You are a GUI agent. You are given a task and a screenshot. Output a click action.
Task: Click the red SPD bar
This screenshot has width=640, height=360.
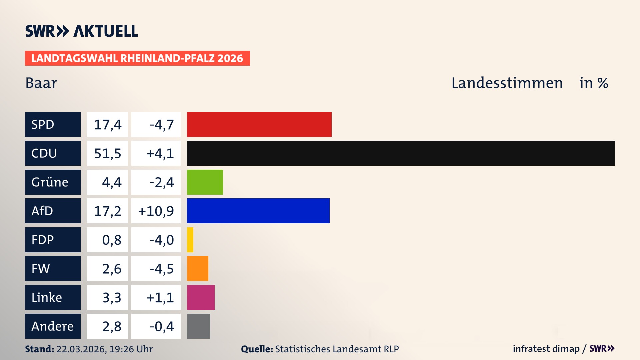click(259, 124)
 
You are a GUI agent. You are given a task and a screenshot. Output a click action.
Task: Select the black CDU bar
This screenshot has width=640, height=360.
click(401, 153)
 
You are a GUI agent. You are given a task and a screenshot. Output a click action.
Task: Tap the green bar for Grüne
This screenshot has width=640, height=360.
click(205, 182)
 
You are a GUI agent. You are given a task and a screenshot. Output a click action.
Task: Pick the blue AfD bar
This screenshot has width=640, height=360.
click(258, 211)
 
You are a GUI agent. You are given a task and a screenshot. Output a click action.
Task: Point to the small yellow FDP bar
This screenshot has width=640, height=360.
click(190, 240)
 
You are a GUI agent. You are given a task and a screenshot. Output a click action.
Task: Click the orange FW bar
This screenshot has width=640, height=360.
click(197, 268)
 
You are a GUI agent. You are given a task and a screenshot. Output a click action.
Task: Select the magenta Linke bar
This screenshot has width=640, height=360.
click(201, 297)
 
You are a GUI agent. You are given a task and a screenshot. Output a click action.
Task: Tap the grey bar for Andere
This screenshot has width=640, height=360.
click(198, 326)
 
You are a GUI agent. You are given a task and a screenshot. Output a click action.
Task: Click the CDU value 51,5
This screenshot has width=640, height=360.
click(107, 153)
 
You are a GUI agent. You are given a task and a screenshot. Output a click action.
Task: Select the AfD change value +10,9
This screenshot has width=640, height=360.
click(156, 211)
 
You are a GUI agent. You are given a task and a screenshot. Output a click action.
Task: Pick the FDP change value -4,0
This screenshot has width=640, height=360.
click(162, 240)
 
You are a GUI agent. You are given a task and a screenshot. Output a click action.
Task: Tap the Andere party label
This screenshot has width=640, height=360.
click(53, 326)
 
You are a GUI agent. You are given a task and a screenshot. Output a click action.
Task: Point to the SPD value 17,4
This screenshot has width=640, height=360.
click(107, 125)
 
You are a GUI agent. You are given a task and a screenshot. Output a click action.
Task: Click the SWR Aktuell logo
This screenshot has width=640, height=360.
click(81, 31)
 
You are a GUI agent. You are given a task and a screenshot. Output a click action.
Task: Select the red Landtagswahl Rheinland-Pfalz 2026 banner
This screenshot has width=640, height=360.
click(137, 58)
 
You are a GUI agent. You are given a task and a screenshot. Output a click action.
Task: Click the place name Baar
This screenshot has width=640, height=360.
click(41, 83)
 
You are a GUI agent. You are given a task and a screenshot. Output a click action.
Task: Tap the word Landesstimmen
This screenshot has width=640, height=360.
click(507, 83)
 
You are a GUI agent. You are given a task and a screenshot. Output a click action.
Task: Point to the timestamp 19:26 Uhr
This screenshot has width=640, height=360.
click(131, 349)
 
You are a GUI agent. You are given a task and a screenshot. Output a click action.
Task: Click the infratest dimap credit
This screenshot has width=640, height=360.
click(546, 349)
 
